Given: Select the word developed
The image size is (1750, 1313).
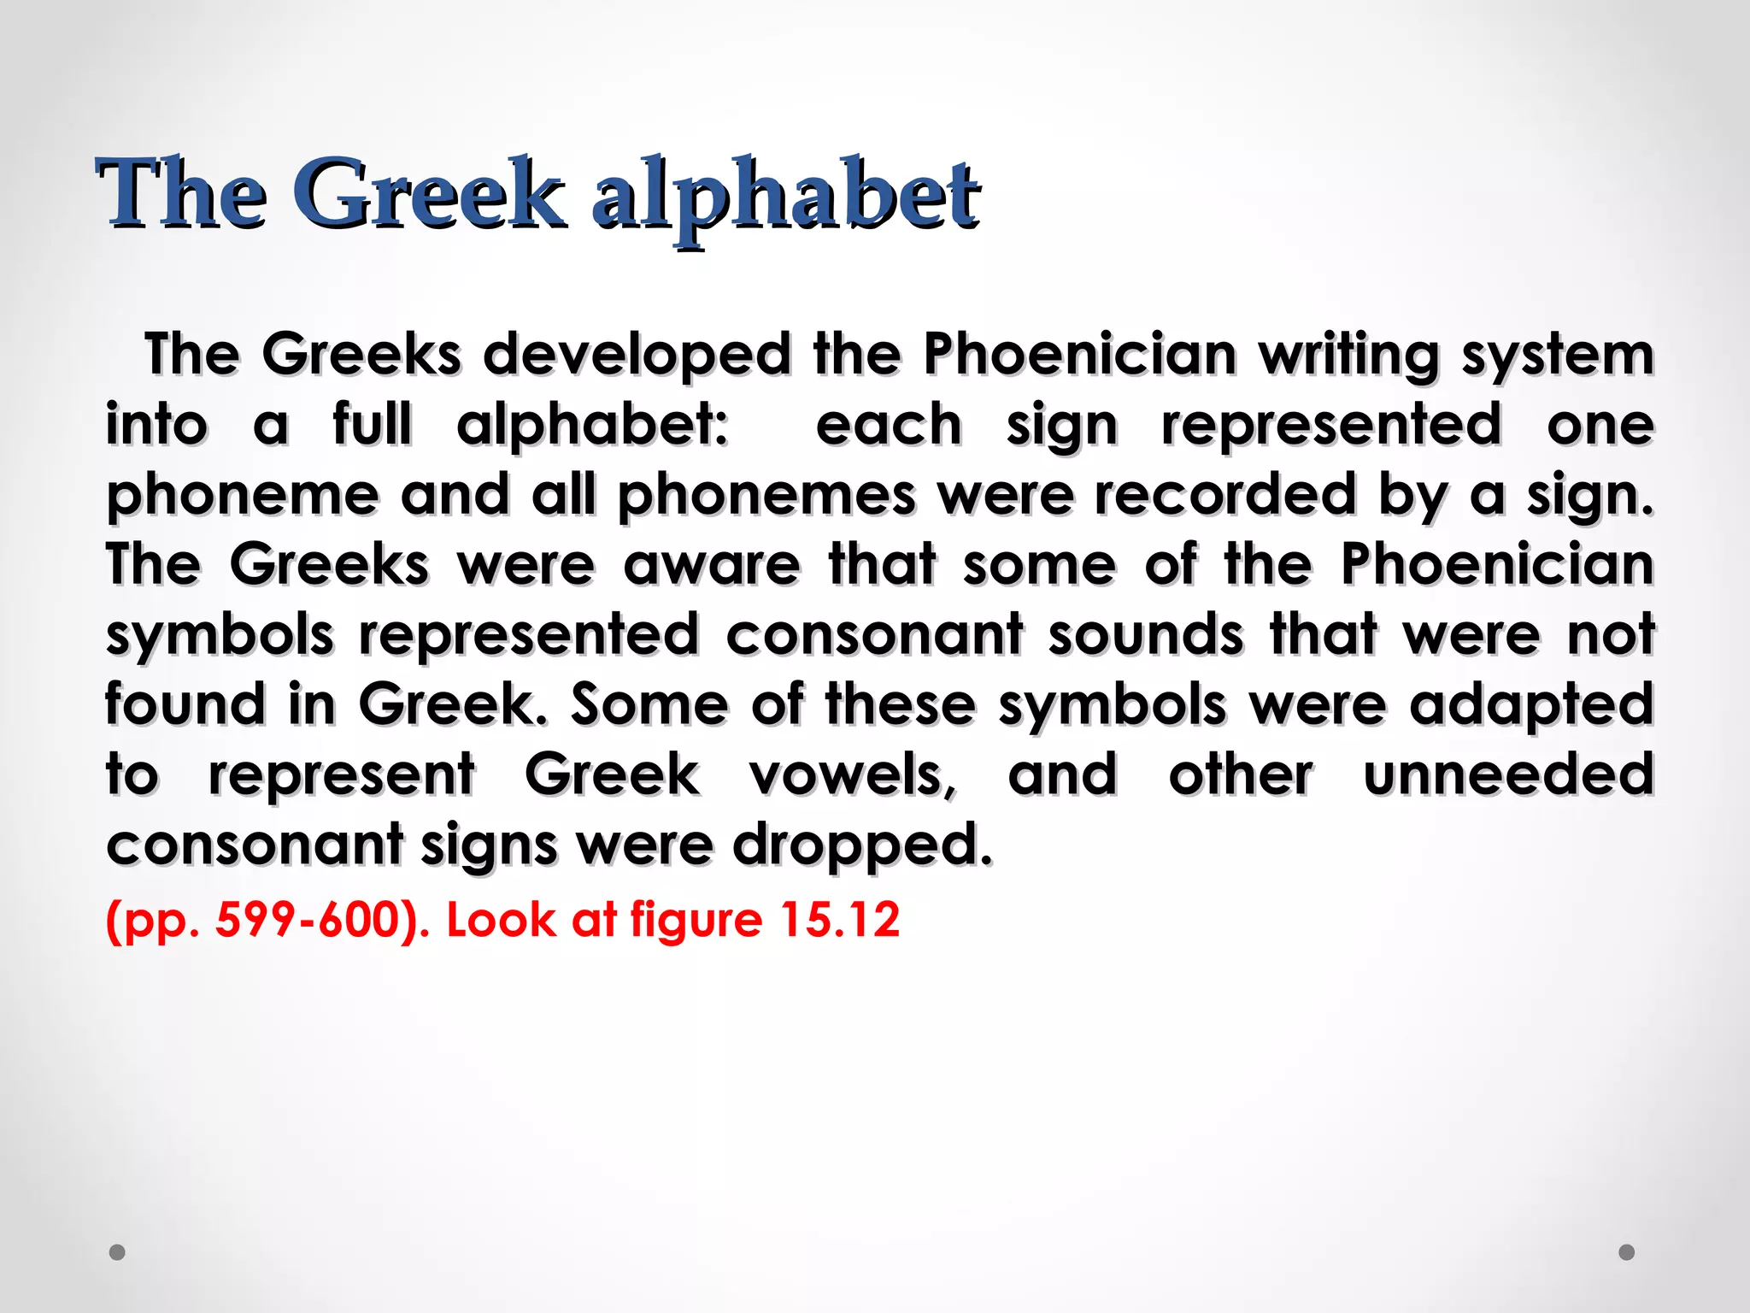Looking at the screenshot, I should pyautogui.click(x=637, y=355).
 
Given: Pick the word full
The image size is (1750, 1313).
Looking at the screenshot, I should pyautogui.click(x=373, y=424).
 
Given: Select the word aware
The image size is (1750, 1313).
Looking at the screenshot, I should pyautogui.click(x=712, y=565).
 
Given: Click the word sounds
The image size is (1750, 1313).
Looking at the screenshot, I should pyautogui.click(x=1146, y=635).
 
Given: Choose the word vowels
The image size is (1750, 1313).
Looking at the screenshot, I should pyautogui.click(x=853, y=775).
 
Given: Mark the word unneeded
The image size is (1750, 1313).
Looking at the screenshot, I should pyautogui.click(x=1508, y=774).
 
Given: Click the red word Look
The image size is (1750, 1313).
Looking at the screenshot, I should pyautogui.click(x=501, y=920).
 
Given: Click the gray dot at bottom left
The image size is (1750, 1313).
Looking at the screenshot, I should pyautogui.click(x=118, y=1252).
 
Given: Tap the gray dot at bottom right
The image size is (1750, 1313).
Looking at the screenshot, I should pyautogui.click(x=1627, y=1252).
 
